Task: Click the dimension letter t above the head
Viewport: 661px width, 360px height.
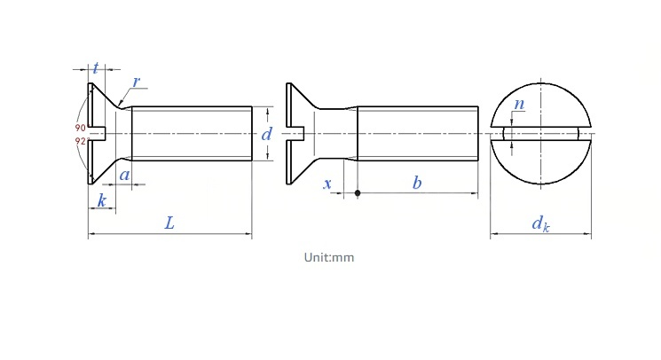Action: tap(96, 67)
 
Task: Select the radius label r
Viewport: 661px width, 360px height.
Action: tap(136, 82)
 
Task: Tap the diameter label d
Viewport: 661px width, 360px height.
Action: tap(266, 134)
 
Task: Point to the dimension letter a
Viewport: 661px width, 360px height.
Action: tap(124, 175)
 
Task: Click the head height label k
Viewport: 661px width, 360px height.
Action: tap(102, 200)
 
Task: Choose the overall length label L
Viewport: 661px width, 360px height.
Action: tap(169, 223)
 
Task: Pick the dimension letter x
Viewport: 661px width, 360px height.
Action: tap(327, 184)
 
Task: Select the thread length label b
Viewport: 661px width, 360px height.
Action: tap(417, 183)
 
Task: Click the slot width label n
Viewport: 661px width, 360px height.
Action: tap(519, 104)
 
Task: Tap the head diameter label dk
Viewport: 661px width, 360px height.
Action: tap(541, 223)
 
